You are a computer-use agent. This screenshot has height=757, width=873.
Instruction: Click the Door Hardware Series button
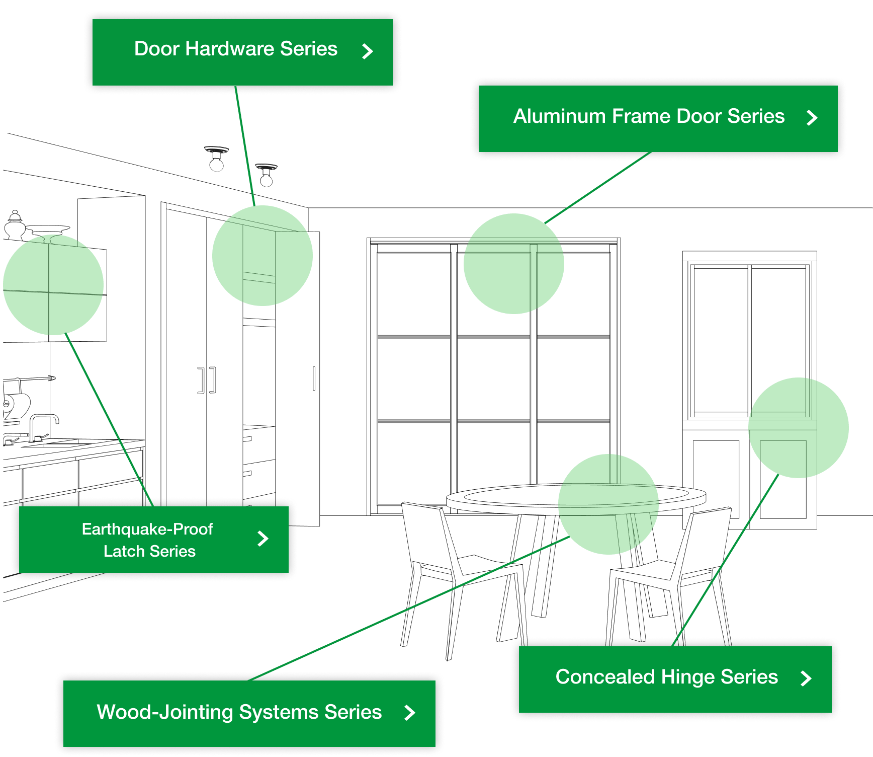[x=242, y=52]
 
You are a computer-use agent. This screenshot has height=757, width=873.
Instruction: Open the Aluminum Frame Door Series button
[x=657, y=118]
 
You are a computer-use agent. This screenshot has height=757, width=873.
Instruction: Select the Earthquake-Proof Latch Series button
[x=153, y=540]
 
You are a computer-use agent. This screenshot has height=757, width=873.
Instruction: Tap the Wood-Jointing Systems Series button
[x=249, y=713]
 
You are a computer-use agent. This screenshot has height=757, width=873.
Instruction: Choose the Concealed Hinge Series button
[x=674, y=678]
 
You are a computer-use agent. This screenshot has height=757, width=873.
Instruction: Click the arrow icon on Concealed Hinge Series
[x=806, y=678]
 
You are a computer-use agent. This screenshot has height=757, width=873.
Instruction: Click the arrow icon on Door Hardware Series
[x=368, y=51]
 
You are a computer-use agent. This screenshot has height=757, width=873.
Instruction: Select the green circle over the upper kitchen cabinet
[x=53, y=285]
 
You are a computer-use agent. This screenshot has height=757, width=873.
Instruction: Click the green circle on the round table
[x=608, y=504]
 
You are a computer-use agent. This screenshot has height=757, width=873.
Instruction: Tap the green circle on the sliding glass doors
[x=513, y=264]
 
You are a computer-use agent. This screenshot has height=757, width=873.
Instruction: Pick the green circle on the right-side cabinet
[x=798, y=428]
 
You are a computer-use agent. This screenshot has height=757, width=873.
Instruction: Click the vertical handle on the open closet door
[x=314, y=378]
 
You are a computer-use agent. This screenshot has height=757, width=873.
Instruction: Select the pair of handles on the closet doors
[x=207, y=380]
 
